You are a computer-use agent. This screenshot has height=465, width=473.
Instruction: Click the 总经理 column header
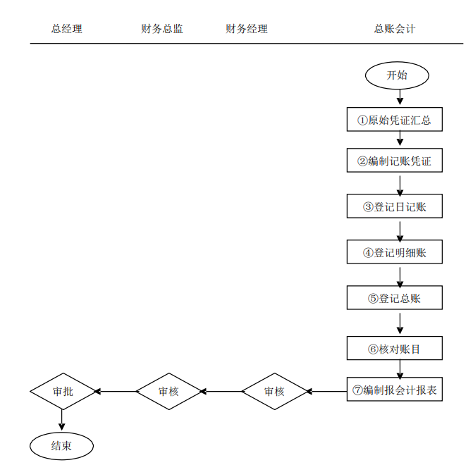tap(66, 29)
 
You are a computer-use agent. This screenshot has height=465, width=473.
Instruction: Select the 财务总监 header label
tap(161, 29)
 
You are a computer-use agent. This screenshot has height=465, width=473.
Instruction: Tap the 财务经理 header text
tap(246, 29)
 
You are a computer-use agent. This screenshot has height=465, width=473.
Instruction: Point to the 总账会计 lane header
tap(394, 29)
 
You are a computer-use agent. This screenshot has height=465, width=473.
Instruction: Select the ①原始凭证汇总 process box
tap(394, 120)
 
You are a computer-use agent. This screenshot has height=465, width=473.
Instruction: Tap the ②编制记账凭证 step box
tap(394, 161)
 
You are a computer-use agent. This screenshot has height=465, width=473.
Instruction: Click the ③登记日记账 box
tap(394, 207)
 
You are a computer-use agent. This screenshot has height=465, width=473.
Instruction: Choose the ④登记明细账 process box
tap(394, 252)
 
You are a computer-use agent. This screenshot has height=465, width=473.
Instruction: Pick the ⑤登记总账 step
tap(394, 298)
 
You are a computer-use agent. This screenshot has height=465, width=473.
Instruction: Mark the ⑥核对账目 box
tap(394, 349)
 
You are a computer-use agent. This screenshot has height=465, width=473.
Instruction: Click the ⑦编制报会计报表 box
tap(394, 390)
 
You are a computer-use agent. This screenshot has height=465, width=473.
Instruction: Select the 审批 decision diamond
tap(63, 391)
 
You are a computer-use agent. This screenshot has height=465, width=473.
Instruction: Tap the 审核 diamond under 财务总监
tap(168, 391)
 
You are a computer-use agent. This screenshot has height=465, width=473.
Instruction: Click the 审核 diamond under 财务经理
tap(274, 391)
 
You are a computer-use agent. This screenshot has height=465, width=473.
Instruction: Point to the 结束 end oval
tap(61, 445)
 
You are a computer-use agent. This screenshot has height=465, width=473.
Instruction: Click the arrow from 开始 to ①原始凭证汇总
tap(400, 98)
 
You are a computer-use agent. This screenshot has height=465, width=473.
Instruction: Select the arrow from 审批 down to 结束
tap(62, 420)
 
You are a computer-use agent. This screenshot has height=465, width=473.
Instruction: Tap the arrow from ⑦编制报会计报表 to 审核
tap(326, 391)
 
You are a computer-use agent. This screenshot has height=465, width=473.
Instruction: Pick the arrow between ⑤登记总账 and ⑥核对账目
tap(400, 323)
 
